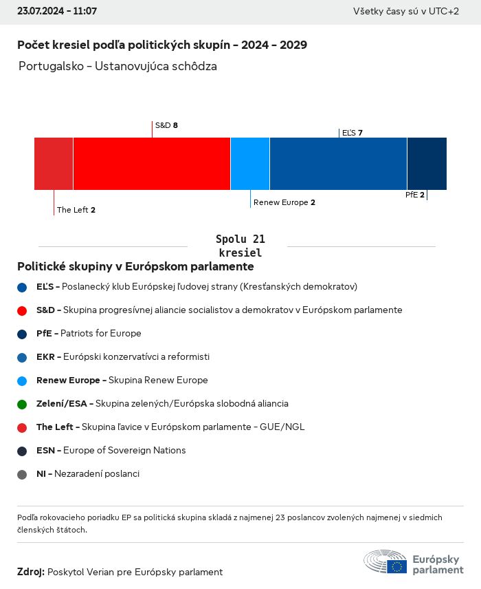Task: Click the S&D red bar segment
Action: (151, 163)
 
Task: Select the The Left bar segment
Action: (54, 163)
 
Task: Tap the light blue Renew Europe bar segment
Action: (250, 163)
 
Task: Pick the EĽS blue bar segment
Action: (338, 163)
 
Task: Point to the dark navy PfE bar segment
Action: (427, 163)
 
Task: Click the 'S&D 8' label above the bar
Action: (166, 125)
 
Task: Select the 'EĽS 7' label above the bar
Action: (352, 132)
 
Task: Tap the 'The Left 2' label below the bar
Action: (76, 210)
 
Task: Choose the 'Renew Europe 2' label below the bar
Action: (284, 202)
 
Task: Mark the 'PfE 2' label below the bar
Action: (414, 195)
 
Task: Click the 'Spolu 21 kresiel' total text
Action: (240, 246)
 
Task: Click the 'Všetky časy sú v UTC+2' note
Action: (405, 12)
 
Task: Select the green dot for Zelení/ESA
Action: (22, 404)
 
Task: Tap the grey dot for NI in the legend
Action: (22, 474)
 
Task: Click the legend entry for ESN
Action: (111, 451)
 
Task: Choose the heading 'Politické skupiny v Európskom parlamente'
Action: (135, 266)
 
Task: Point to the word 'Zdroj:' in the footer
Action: (31, 572)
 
